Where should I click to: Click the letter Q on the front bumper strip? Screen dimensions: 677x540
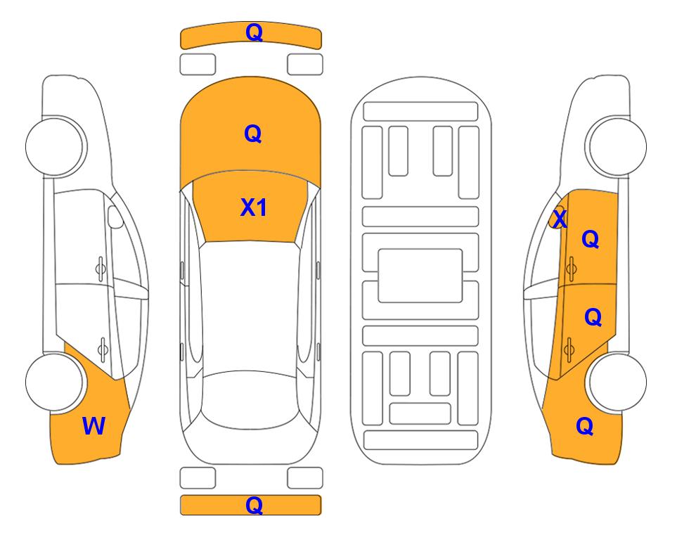pos(254,32)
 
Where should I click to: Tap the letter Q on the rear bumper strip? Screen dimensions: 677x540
pos(254,505)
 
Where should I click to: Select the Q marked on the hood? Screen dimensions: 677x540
pos(253,134)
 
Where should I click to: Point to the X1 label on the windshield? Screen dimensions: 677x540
pos(253,207)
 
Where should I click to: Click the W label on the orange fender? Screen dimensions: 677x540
pos(94,426)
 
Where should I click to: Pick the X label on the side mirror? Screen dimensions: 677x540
pos(560,219)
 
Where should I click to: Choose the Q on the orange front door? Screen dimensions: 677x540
pos(591,239)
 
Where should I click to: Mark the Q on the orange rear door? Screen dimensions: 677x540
pos(593,317)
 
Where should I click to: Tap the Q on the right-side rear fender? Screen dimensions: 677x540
pos(585,426)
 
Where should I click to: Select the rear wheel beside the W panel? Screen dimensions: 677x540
pos(54,382)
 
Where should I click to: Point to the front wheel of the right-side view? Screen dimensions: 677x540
pos(617,146)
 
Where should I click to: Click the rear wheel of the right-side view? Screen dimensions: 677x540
pos(617,382)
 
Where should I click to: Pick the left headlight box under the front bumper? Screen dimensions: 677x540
pos(198,65)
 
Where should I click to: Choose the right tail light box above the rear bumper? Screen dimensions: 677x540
pos(305,478)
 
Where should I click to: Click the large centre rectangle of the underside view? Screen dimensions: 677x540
pos(420,276)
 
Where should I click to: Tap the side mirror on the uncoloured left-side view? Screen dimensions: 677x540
pos(115,217)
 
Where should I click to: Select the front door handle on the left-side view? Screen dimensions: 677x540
pos(101,269)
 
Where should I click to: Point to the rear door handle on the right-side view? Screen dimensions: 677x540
pos(569,349)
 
